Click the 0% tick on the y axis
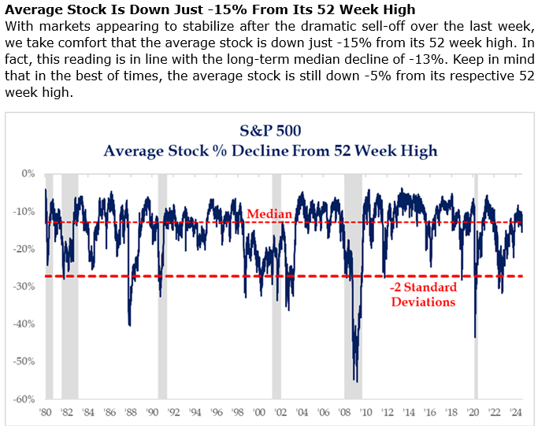28,173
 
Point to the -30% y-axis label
25,286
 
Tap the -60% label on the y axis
25,398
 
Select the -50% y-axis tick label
25,361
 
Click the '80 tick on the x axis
46,411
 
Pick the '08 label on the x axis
345,411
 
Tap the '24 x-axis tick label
516,411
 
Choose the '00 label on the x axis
260,411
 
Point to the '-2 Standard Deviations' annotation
423,294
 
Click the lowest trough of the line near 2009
356,381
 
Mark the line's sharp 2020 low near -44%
475,336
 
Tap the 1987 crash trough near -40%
129,324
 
